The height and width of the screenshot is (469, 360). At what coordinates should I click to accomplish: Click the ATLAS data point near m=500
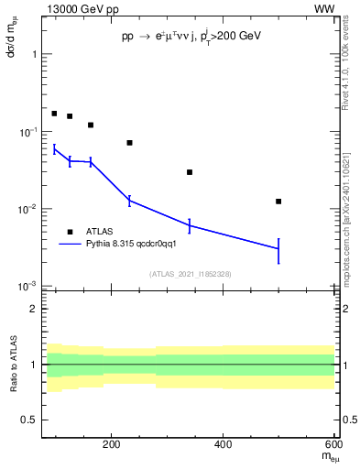(x=278, y=202)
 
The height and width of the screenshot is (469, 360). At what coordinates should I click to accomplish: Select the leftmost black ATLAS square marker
(x=54, y=114)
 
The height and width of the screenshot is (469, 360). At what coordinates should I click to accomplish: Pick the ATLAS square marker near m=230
(x=129, y=143)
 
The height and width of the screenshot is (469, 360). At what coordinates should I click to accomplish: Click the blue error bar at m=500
(x=278, y=249)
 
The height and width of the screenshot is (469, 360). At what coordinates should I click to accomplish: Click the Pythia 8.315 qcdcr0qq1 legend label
(x=125, y=245)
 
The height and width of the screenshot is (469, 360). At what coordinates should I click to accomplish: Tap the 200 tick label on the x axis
(x=112, y=445)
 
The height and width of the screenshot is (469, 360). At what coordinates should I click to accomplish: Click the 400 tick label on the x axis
(x=224, y=445)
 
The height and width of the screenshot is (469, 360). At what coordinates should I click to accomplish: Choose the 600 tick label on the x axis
(x=335, y=445)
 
